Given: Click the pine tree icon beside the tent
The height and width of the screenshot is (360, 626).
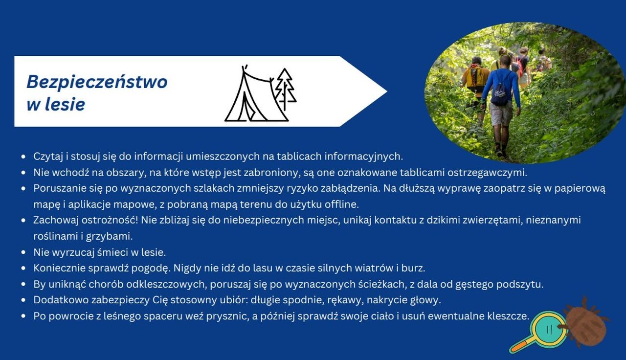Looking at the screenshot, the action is tap(285, 89).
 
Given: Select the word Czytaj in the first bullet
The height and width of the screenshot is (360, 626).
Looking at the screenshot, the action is tap(48, 157).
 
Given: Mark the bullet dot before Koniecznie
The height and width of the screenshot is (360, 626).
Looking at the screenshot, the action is tap(23, 269).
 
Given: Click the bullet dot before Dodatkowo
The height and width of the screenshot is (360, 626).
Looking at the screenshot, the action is tap(23, 300).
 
